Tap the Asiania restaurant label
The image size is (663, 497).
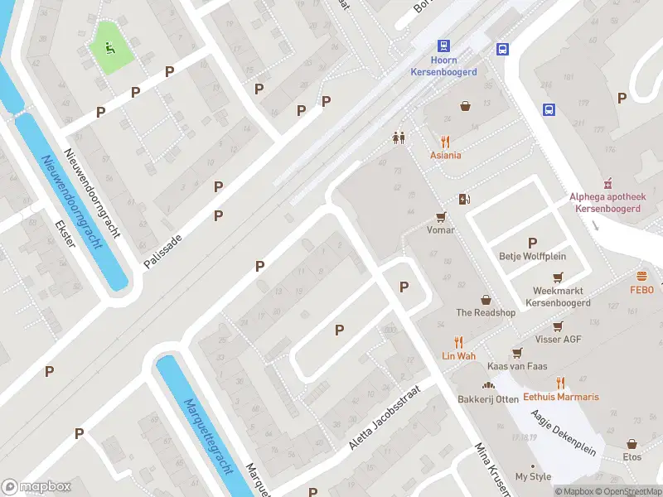[445, 155]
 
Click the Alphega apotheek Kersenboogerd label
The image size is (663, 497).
[605, 203]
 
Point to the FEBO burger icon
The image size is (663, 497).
[641, 276]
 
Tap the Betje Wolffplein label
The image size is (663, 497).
[530, 255]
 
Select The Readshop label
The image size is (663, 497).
[486, 312]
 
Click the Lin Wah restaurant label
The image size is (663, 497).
[457, 355]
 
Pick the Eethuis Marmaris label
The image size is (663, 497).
[560, 397]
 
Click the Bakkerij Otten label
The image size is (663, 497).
[488, 399]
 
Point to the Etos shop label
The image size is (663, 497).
[632, 456]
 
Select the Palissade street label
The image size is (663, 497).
[163, 248]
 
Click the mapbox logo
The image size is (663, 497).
[36, 486]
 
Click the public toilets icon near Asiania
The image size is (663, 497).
[399, 138]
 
